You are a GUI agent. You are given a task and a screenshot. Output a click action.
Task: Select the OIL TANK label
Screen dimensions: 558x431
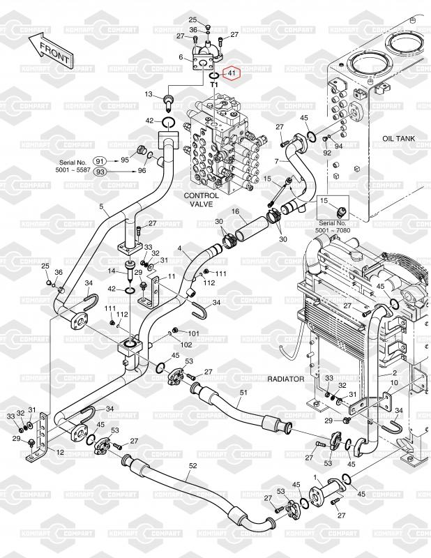tap(398, 139)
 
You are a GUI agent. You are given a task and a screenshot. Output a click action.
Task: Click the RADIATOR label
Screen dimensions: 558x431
tap(286, 379)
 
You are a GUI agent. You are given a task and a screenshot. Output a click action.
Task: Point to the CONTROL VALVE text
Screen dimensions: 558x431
tap(201, 201)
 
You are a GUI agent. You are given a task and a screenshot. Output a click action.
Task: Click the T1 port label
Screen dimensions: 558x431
tap(214, 84)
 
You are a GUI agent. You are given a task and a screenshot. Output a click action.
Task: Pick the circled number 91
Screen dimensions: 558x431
tap(100, 160)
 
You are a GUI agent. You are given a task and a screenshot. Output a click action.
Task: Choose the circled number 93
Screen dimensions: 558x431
tap(100, 172)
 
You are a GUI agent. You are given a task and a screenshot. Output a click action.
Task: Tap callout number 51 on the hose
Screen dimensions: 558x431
tap(243, 393)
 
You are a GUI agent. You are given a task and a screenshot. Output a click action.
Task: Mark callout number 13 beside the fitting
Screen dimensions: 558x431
tap(149, 94)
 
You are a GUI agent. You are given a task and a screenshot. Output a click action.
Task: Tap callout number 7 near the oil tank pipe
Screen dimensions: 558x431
tap(276, 161)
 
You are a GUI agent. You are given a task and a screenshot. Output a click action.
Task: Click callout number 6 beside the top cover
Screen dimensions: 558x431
tap(181, 57)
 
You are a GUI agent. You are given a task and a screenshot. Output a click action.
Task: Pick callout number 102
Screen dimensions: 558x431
tap(187, 344)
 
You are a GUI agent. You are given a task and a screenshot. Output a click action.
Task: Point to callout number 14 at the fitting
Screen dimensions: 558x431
tap(110, 271)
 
